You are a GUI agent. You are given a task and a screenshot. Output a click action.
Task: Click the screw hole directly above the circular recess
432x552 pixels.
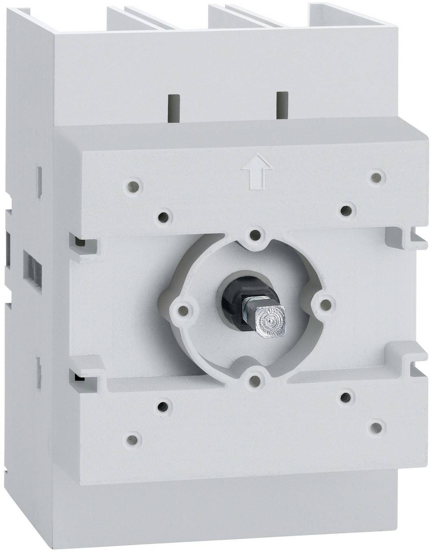point(255,234)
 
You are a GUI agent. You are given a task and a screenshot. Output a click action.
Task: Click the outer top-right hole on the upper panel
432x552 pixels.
point(378,177)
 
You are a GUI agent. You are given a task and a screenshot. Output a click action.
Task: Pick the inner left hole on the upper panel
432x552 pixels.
point(163,216)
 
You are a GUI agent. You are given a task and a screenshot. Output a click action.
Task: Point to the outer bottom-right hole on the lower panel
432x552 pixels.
point(377,427)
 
